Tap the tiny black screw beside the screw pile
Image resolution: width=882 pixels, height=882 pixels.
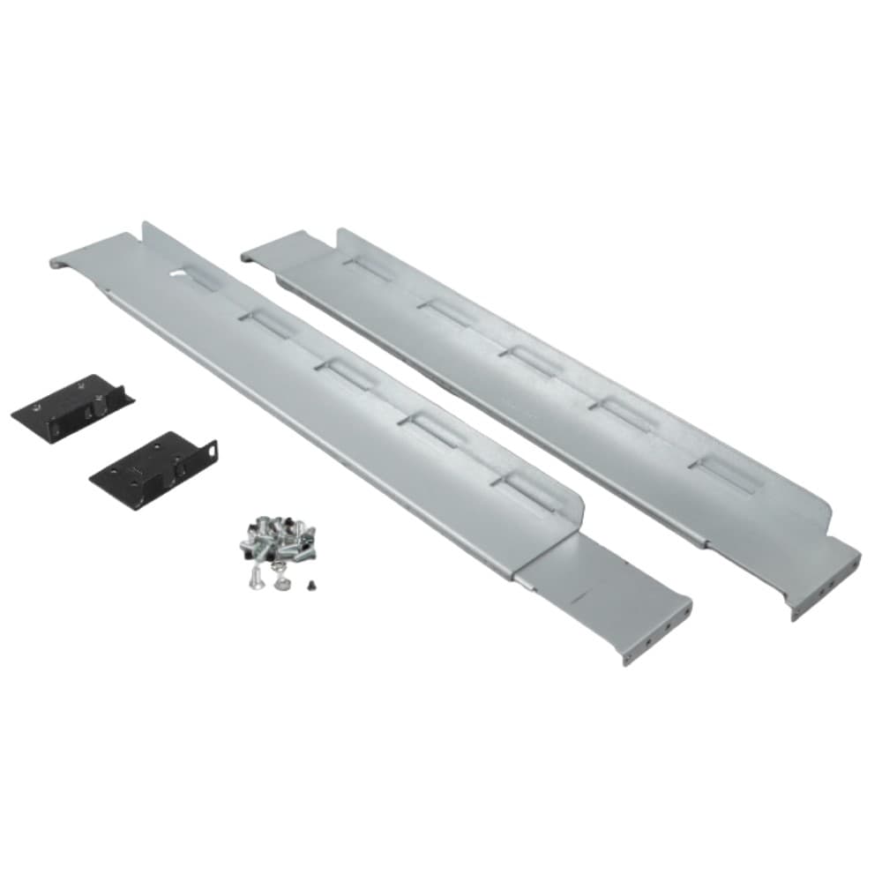pos(310,584)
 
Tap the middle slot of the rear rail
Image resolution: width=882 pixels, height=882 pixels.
pos(529,361)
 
